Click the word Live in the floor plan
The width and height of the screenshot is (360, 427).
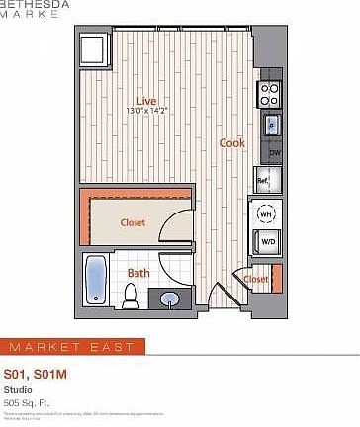coord(147,100)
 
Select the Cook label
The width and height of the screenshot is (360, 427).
coord(232,143)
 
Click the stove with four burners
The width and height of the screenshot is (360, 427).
coord(270,94)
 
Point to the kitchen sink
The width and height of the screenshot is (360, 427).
coord(271,126)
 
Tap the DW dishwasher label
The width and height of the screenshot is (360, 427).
coord(274,153)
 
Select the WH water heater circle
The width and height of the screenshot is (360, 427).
coord(266,213)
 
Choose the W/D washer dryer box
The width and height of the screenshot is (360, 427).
coord(267,240)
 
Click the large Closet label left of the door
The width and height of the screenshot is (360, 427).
coord(133,222)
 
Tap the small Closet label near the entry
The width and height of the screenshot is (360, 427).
coord(256,279)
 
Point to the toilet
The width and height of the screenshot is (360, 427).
coord(130,294)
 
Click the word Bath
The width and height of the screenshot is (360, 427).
coord(138,272)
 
